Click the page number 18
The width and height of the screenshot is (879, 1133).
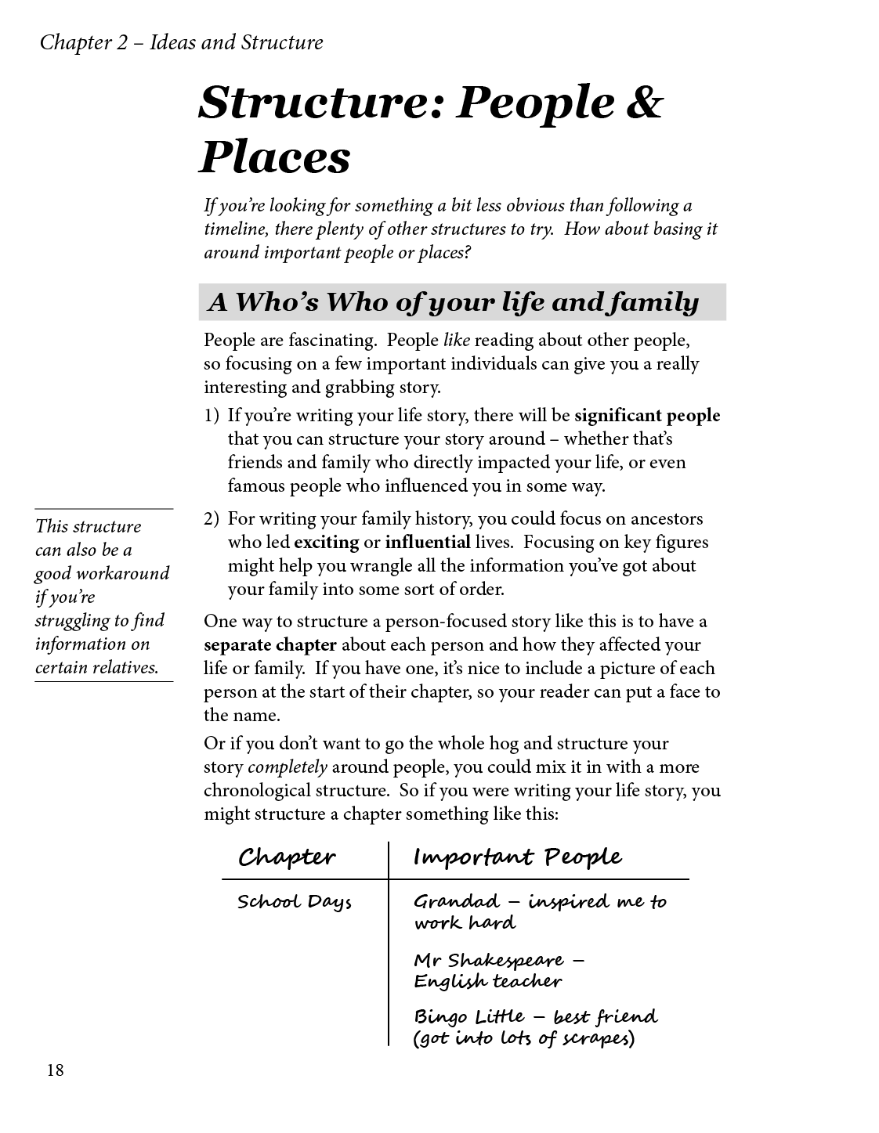55,1070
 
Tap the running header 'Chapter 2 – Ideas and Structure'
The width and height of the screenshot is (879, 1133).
181,42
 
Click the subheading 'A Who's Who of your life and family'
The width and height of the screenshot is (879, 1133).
454,302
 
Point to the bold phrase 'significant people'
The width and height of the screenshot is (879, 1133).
647,416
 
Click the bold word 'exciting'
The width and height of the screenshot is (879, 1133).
326,542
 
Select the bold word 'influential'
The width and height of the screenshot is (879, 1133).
428,542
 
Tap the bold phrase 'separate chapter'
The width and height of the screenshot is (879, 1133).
270,645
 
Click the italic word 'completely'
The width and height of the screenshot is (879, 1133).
288,767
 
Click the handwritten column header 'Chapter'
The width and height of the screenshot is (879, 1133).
287,857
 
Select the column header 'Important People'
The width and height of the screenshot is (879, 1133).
517,857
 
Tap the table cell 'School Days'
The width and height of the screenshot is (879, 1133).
295,902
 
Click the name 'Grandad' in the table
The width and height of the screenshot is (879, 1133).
456,901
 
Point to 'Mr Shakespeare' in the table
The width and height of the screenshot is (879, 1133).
489,961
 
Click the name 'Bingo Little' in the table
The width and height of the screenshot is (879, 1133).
468,1017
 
